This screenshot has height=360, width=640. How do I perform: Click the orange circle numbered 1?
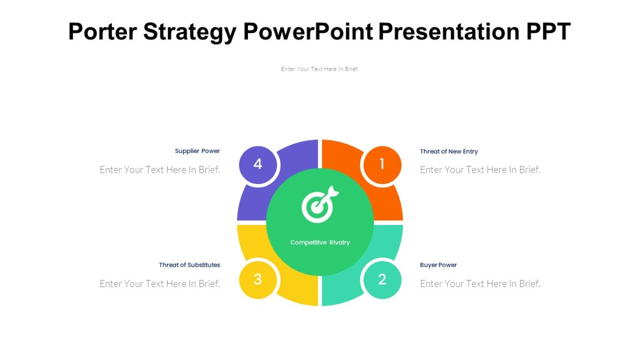381,165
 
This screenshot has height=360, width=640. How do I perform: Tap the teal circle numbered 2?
382,279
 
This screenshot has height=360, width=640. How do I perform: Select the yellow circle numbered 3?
258,279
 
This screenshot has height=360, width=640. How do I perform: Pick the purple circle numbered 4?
258,164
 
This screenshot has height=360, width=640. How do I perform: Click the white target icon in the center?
319,204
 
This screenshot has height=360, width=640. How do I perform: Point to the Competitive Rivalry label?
320,243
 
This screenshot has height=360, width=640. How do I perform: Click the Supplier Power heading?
197,151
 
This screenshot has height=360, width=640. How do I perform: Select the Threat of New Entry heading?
449,151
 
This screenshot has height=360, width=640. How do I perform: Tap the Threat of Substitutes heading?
189,265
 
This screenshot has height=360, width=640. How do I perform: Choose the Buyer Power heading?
438,265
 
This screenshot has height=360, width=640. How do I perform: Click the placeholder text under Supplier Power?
160,170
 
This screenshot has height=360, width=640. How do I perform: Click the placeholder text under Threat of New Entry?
480,170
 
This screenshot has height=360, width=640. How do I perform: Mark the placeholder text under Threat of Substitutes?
160,284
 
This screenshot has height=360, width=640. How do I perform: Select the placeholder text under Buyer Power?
480,284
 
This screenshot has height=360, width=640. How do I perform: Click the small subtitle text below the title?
320,69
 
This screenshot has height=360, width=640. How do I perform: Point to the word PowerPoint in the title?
308,32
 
